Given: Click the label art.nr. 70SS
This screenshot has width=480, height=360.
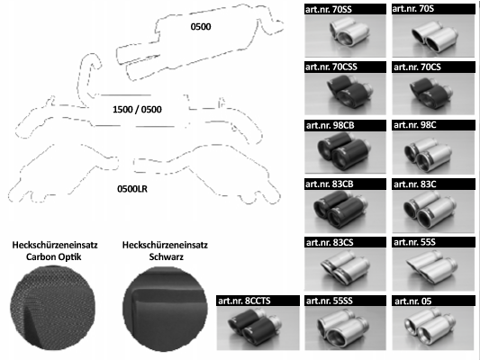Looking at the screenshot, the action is (329, 9).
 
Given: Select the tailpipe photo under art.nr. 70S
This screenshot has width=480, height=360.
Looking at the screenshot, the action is (433, 36).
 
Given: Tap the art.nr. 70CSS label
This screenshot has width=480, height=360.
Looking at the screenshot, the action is (331, 67).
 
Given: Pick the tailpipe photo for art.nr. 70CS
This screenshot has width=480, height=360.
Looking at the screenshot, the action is (433, 94).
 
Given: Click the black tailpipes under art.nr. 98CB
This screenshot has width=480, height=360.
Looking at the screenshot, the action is (345, 152).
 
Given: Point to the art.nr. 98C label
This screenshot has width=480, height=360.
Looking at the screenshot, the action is (415, 125).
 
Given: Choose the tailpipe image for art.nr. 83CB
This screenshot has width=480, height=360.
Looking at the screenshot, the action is (345, 211).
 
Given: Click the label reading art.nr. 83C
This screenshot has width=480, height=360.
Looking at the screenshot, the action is (415, 184).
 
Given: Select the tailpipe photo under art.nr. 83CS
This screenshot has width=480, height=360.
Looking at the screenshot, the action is (345, 269).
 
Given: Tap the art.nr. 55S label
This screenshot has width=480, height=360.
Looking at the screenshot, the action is (414, 242).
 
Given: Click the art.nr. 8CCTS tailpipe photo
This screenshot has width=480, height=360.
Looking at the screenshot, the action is (258, 328).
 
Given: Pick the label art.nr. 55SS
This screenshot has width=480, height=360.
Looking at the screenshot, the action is (330, 301).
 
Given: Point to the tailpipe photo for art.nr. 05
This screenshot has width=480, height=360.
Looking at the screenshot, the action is (433, 328).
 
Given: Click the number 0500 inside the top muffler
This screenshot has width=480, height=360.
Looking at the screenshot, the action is (201, 27).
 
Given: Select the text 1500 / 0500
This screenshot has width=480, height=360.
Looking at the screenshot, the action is (137, 109).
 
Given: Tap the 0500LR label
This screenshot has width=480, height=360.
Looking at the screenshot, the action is (132, 189).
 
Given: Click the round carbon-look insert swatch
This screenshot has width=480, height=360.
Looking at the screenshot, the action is (52, 308).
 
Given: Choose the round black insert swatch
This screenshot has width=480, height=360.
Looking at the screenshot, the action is (165, 309).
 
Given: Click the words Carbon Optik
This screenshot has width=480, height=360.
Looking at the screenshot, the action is (54, 256).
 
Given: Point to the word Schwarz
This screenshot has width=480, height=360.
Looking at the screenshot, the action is (167, 256).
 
